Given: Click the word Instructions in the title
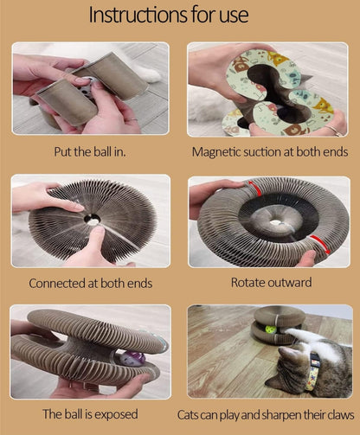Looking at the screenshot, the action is coord(138,15).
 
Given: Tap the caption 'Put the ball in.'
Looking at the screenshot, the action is coord(90,151).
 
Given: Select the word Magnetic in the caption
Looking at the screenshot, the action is coord(216,152).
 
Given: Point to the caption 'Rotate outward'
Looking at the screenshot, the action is coord(271,283).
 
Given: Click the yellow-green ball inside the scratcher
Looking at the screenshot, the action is coord(271,329).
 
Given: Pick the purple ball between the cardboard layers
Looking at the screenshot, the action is coord(132,358).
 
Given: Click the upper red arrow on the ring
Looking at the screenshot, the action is coord(254,188).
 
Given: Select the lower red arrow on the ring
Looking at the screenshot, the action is coord(320,244).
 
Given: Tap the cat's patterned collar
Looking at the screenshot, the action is coord(313,372).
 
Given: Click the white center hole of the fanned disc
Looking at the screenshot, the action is coord(93,221).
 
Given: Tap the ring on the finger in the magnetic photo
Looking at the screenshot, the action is coord(334,131).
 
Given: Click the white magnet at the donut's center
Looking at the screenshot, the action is coord(275,223).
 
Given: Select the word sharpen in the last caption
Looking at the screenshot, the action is coord(277,415).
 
